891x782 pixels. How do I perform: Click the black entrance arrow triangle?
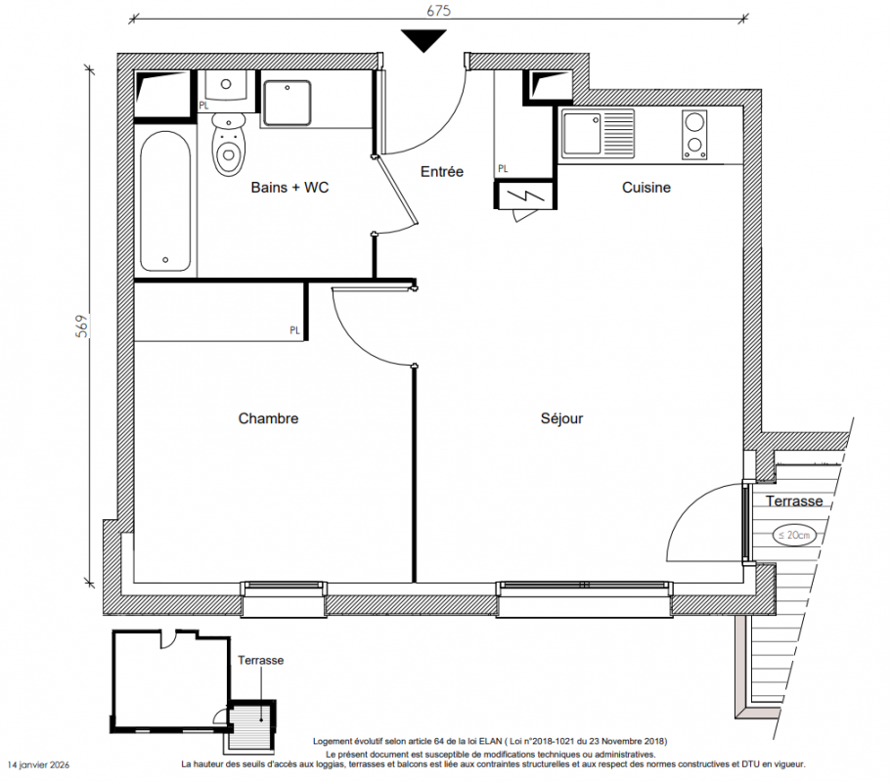tap(423, 40)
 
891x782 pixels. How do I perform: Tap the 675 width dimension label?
tap(439, 10)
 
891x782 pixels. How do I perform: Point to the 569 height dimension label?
tap(82, 326)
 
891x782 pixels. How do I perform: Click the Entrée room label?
tap(441, 171)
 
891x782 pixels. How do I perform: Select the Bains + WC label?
tap(290, 188)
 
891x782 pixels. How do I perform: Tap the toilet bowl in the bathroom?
tap(229, 145)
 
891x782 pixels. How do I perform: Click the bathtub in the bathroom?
tap(165, 201)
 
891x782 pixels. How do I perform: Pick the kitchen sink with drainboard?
tap(598, 134)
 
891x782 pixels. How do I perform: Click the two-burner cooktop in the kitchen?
tap(694, 135)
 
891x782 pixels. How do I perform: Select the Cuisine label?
tap(646, 188)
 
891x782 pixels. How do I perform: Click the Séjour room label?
tap(561, 418)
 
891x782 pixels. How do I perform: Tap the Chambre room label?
tap(268, 418)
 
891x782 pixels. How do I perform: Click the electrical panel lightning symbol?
tap(525, 195)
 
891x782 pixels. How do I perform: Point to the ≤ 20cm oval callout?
tap(794, 535)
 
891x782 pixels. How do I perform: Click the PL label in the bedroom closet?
tap(294, 330)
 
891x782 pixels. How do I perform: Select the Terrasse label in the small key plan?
tap(260, 661)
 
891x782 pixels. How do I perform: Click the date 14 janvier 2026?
tap(39, 765)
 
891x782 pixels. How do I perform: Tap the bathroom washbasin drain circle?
tap(226, 84)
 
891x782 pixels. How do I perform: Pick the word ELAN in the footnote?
tap(490, 741)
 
